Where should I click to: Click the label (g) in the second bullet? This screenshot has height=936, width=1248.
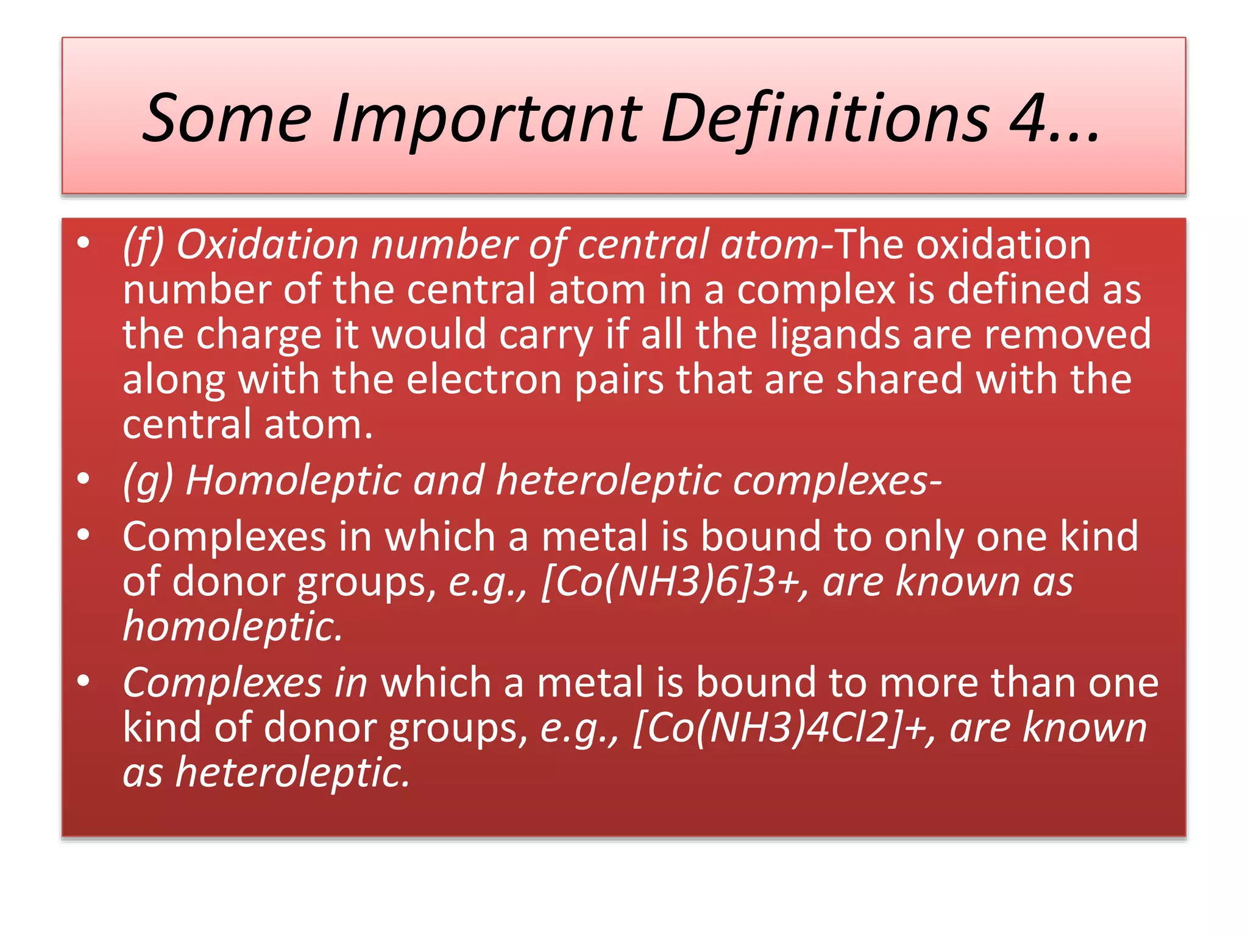click(148, 481)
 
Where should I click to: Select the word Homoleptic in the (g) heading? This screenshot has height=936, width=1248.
click(292, 481)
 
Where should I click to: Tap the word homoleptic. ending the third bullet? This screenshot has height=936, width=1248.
click(233, 626)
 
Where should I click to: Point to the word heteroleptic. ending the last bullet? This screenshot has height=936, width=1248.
click(293, 773)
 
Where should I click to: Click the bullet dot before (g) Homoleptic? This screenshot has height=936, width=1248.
click(83, 478)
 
